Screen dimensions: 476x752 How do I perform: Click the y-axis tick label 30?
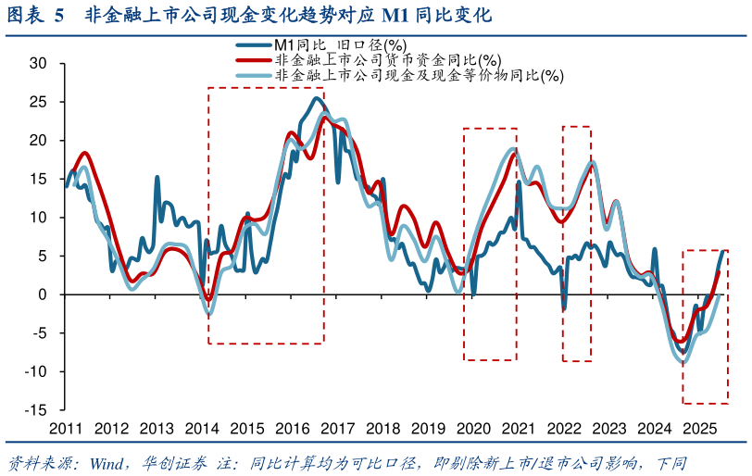[38, 63]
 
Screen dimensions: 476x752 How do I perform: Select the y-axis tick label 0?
[43, 294]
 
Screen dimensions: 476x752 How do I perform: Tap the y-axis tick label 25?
[38, 102]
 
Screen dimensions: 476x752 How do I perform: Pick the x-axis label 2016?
[293, 429]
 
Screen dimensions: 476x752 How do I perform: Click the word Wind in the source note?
[108, 463]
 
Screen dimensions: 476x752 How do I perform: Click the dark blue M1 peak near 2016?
[318, 98]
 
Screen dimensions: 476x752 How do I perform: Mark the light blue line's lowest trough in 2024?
[683, 362]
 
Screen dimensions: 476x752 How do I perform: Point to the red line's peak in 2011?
[84, 152]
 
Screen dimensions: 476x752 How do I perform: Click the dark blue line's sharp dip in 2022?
[563, 308]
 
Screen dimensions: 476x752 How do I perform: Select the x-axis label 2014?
[202, 429]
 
